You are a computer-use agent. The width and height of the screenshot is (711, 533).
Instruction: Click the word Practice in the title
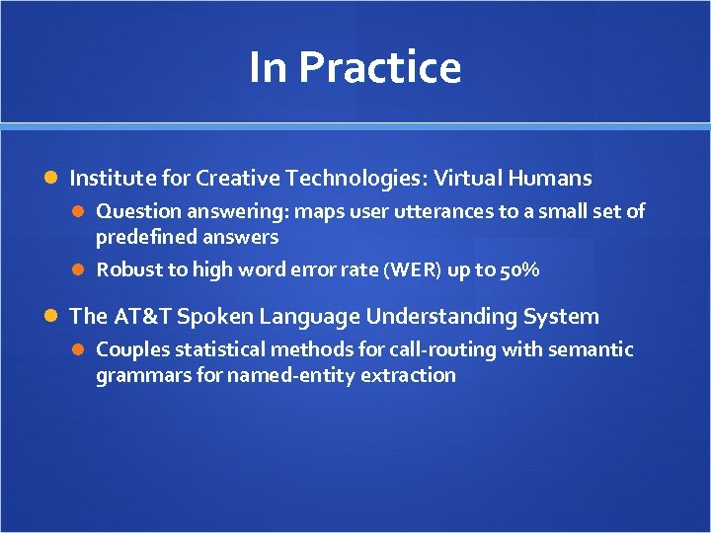379,68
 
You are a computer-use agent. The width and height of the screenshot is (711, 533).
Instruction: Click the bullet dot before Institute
53,179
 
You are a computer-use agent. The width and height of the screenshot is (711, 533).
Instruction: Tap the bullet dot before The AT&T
53,317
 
